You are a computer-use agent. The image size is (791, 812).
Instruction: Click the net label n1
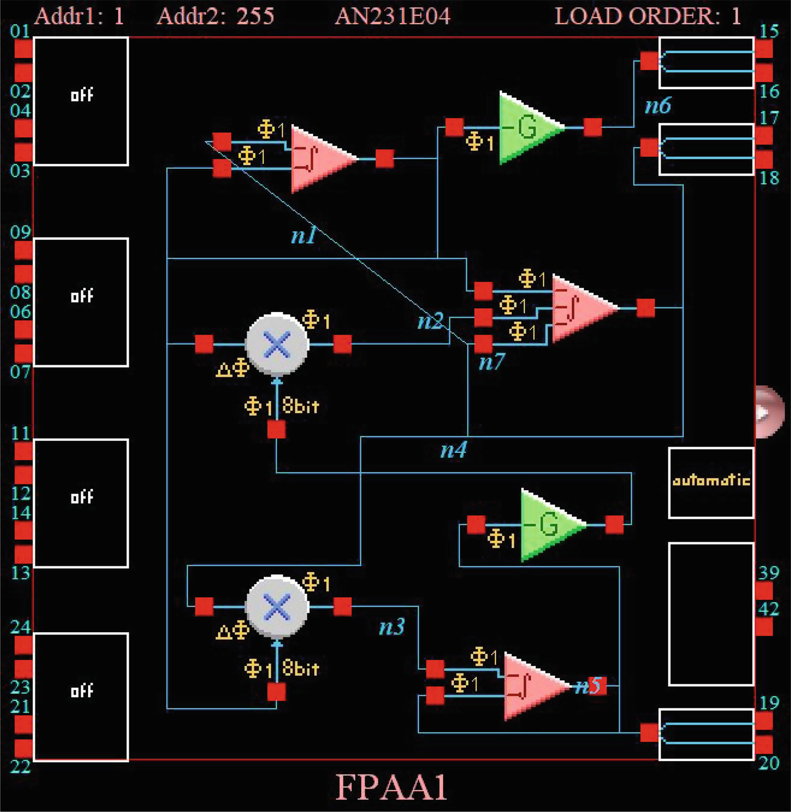[303, 235]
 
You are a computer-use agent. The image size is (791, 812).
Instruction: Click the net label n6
[658, 106]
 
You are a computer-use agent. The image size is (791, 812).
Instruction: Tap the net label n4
[453, 450]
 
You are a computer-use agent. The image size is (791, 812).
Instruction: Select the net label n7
[492, 362]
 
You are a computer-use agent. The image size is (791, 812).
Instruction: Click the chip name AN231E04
[393, 16]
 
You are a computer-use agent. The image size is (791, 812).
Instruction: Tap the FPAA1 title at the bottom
[391, 787]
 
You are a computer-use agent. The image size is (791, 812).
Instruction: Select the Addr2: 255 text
[216, 16]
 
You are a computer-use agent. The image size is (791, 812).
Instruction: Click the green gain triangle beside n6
[527, 128]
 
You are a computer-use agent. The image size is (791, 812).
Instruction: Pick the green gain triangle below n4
[548, 525]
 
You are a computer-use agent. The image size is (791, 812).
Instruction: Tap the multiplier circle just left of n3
[277, 606]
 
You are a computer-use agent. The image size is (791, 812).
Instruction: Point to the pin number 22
[21, 766]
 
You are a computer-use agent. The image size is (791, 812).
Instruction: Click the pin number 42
[769, 609]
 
